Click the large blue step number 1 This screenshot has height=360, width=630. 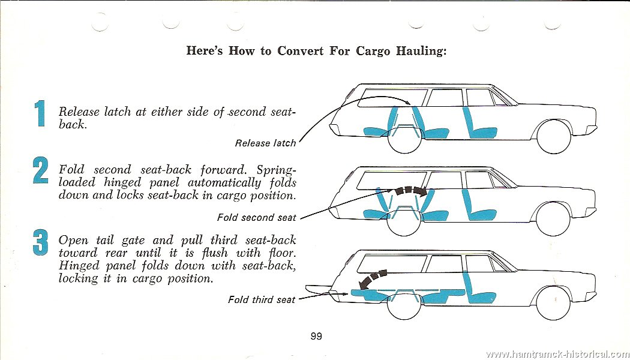point(40,114)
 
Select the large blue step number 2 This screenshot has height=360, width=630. point(40,170)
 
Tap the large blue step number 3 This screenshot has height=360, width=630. point(40,242)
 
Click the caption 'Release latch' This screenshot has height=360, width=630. point(265,143)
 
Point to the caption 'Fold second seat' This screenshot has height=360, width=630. point(256,217)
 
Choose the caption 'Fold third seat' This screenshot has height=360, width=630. point(262,299)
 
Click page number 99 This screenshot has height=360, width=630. point(316,336)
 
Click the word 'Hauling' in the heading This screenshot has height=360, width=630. point(421,52)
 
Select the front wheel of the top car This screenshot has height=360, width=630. point(554,137)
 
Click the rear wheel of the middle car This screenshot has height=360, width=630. point(404,220)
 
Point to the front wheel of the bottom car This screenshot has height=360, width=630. point(553,303)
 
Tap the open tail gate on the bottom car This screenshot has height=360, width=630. point(318,287)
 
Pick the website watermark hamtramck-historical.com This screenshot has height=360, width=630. point(557,354)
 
